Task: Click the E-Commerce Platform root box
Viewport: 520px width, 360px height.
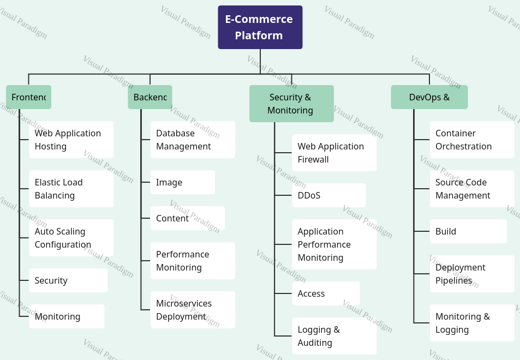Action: [x=260, y=27]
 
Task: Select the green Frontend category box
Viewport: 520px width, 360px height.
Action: [x=28, y=97]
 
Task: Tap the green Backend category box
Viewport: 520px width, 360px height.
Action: [x=150, y=97]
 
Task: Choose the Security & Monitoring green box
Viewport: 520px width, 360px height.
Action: [x=291, y=104]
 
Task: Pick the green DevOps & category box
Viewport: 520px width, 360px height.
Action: [x=429, y=97]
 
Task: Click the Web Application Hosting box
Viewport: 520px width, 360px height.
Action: [x=71, y=140]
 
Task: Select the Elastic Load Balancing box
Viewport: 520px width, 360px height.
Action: [x=71, y=189]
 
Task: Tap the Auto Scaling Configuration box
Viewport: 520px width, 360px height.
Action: [x=71, y=238]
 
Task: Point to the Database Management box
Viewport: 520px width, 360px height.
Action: [x=193, y=140]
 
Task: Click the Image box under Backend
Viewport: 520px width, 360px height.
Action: [x=182, y=182]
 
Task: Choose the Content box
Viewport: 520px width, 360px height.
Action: [x=187, y=218]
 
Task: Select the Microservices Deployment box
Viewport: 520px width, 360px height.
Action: [x=193, y=310]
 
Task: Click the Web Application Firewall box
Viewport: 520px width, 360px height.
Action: [x=334, y=153]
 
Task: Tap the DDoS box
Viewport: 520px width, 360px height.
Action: [x=328, y=195]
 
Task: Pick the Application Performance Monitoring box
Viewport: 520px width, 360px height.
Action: [x=334, y=244]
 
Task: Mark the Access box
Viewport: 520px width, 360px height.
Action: [x=326, y=293]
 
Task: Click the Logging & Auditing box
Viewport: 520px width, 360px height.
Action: [x=334, y=336]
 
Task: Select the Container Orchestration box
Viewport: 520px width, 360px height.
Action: [x=472, y=140]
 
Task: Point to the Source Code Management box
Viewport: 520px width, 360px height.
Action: [x=472, y=189]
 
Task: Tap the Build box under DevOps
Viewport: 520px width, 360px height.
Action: [x=468, y=231]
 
